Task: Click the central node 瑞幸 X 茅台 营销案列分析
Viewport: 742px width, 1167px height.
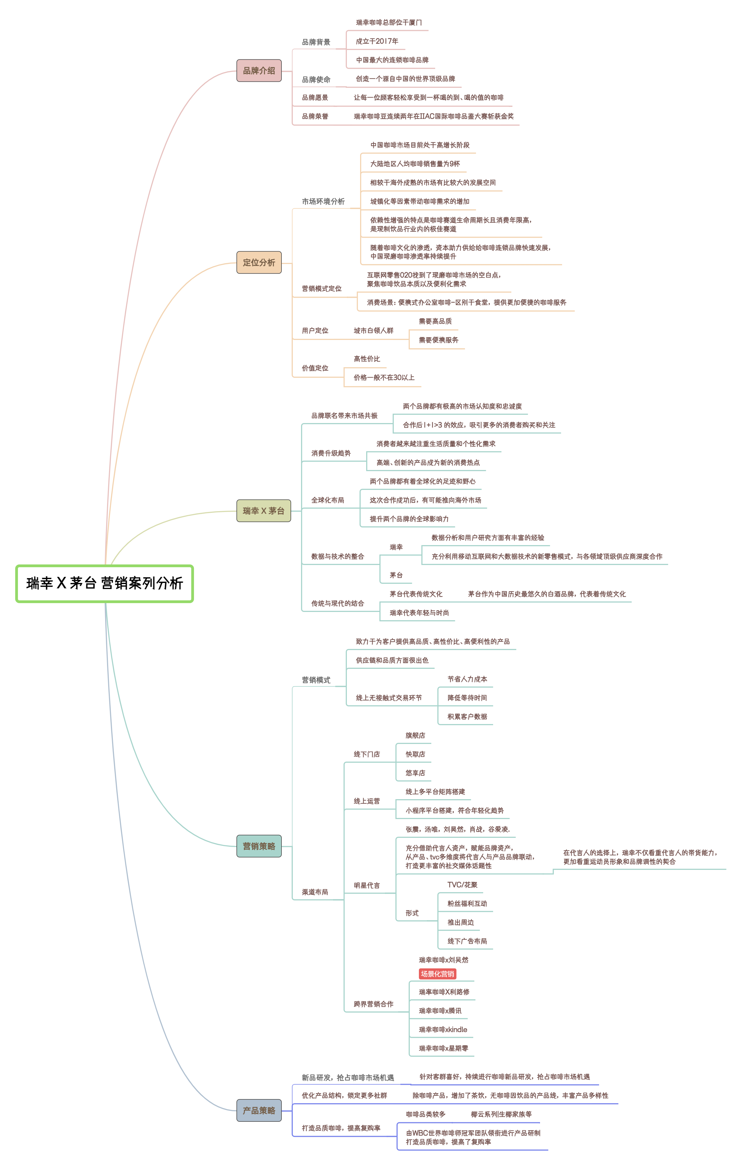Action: tap(105, 583)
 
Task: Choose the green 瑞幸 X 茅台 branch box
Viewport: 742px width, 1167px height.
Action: tap(264, 511)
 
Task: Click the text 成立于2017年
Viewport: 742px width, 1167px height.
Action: tap(377, 41)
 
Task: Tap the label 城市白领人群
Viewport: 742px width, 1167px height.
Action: tap(373, 331)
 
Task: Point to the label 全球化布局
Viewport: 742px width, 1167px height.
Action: tap(328, 500)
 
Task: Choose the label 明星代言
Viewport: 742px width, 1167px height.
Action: tap(367, 885)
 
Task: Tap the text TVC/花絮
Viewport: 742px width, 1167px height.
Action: tap(462, 885)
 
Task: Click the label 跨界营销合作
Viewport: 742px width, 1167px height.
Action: tap(373, 1004)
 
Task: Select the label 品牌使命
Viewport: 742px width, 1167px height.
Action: tap(316, 80)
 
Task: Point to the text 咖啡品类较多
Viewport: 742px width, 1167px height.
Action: tap(425, 1114)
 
